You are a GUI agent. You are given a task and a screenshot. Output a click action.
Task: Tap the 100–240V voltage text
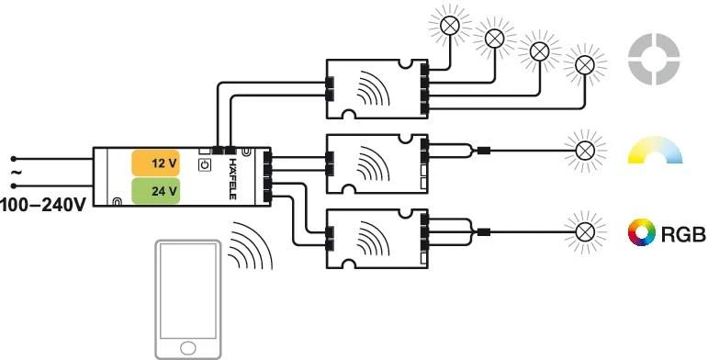click(43, 203)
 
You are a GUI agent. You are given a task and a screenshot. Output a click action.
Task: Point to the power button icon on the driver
click(204, 164)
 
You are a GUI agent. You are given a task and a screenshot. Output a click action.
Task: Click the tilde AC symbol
click(14, 172)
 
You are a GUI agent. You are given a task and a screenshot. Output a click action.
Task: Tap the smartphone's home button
click(189, 347)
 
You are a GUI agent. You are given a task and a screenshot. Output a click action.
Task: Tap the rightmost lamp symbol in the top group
click(583, 64)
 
